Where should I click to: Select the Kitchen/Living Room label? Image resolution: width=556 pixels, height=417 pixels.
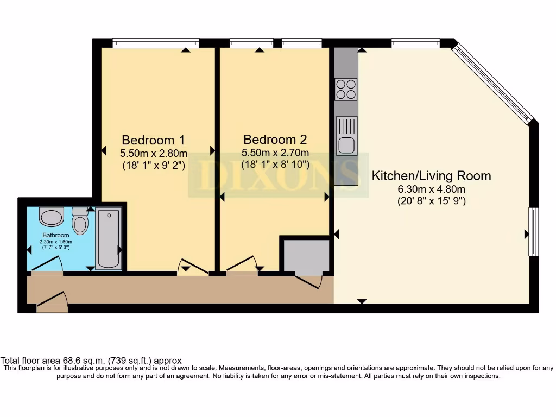[431, 176]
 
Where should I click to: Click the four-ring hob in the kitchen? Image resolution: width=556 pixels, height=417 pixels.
[346, 90]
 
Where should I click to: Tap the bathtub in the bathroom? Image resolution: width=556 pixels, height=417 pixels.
[108, 239]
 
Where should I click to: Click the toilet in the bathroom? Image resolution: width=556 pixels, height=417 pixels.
[80, 222]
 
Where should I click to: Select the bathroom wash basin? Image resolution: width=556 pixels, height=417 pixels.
[52, 217]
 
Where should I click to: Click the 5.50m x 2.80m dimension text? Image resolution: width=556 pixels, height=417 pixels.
[153, 153]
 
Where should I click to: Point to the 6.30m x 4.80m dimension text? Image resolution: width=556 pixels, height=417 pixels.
[431, 189]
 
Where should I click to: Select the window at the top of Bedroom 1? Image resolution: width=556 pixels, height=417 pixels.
[155, 43]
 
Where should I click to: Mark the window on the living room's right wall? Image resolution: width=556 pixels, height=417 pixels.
[534, 231]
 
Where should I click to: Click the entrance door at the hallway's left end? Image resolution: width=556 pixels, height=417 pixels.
[53, 302]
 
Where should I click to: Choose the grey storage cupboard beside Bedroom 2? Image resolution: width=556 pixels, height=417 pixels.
[306, 255]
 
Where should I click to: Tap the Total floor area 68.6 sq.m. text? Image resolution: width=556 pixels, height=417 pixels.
[91, 361]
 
